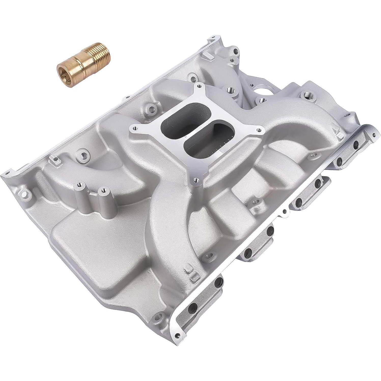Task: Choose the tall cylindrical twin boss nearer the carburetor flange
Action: [x=103, y=190]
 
